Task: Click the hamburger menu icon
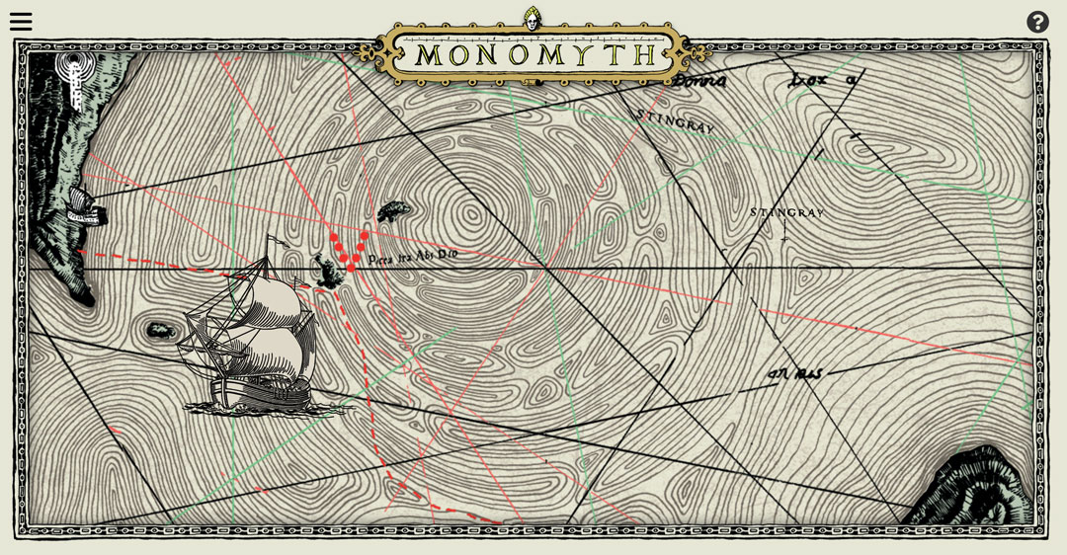(21, 22)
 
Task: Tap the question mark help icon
(1037, 22)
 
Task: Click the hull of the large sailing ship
(262, 393)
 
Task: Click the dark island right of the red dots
(393, 211)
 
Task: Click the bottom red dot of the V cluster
(351, 268)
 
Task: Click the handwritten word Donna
(698, 82)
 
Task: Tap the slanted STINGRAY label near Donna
(674, 121)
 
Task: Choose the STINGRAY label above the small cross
(786, 212)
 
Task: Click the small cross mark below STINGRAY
(784, 237)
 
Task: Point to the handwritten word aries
(796, 373)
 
